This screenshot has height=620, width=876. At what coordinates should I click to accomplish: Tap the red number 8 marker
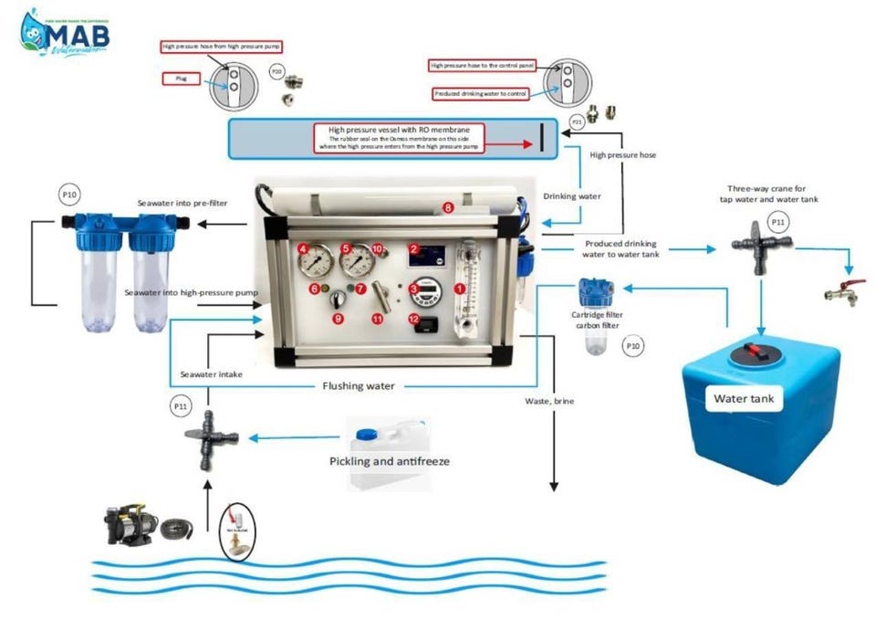448,207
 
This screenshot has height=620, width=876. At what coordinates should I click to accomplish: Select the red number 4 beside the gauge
302,248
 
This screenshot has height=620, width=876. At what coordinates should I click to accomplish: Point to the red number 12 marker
413,319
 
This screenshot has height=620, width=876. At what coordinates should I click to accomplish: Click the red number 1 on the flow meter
460,288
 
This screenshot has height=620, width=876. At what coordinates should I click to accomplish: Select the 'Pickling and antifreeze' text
389,461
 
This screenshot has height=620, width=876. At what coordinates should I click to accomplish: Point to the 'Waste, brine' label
551,401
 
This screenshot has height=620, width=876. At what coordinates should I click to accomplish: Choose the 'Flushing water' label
359,385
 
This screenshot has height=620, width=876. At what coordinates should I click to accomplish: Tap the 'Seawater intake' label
211,374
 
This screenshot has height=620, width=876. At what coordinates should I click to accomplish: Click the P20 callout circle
276,70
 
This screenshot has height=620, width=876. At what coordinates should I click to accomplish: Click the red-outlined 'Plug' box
181,79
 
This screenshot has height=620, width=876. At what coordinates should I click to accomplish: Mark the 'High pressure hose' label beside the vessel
622,155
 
